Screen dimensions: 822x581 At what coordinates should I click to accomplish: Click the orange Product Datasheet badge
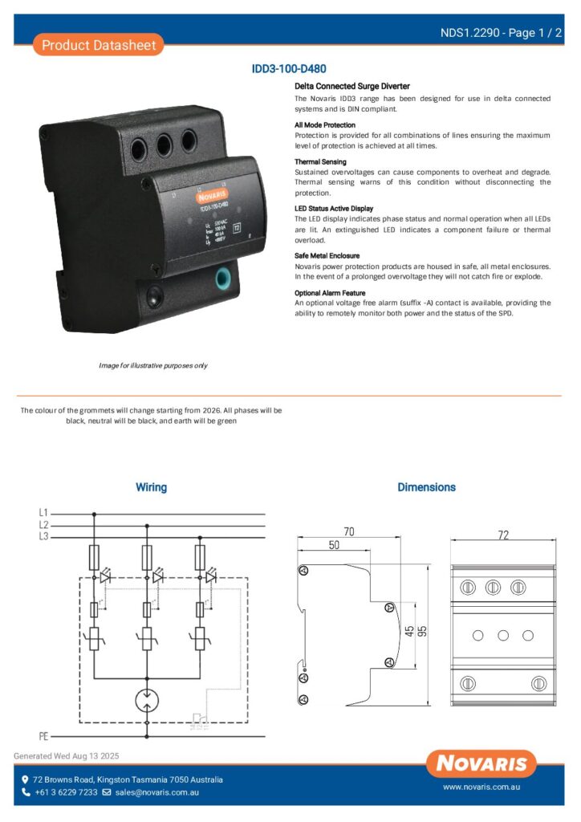99,45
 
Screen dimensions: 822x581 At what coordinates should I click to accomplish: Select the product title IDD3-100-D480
289,70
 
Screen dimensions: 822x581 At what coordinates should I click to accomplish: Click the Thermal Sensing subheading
320,161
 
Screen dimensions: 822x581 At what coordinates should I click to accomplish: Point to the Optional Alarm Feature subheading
330,293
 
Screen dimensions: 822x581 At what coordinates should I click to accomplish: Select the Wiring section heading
151,487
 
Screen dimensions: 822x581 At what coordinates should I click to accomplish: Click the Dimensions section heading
426,487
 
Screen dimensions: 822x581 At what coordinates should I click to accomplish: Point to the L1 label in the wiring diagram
43,512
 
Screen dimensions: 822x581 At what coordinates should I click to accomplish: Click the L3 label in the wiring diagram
43,536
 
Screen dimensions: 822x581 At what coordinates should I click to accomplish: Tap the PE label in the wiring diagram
43,735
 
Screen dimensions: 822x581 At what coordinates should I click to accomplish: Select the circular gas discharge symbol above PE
147,699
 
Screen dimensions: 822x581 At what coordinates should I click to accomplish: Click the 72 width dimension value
503,535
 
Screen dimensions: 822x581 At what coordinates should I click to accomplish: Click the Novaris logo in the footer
481,763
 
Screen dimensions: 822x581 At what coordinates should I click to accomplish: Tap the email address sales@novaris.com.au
156,792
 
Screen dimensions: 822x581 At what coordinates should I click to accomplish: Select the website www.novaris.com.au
482,788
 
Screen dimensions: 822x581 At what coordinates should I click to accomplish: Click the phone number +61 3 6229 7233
66,792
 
